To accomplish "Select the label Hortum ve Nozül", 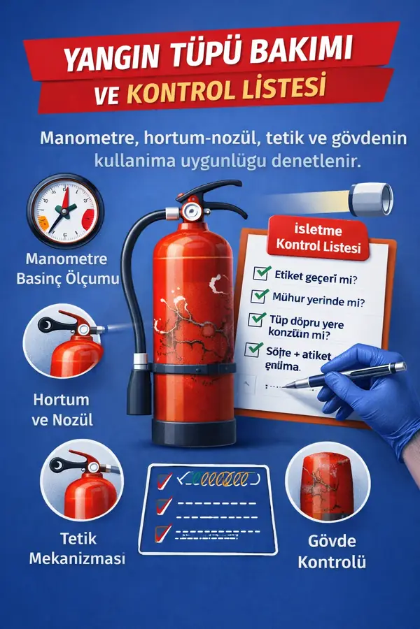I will tap(62, 410).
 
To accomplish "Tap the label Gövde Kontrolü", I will tap(332, 551).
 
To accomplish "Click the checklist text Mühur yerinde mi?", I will tap(312, 298).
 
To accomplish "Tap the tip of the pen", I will tap(288, 384).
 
